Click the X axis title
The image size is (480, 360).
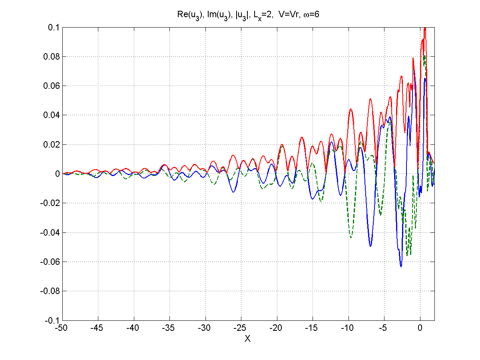pyautogui.click(x=247, y=339)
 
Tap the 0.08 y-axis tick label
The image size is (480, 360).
pyautogui.click(x=52, y=57)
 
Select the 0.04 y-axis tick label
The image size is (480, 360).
pyautogui.click(x=52, y=115)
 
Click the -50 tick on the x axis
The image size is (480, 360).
pyautogui.click(x=62, y=328)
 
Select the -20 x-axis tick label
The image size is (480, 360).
pyautogui.click(x=277, y=328)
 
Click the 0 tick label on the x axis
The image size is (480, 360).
pyautogui.click(x=420, y=328)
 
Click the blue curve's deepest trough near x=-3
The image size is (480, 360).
pyautogui.click(x=401, y=266)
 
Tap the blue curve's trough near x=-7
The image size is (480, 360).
pyautogui.click(x=370, y=246)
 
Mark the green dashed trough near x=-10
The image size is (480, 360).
pyautogui.click(x=351, y=238)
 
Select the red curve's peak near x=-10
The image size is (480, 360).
pyautogui.click(x=351, y=109)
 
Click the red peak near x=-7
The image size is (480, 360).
pyautogui.click(x=370, y=99)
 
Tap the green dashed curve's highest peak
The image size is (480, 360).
pyautogui.click(x=424, y=56)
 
